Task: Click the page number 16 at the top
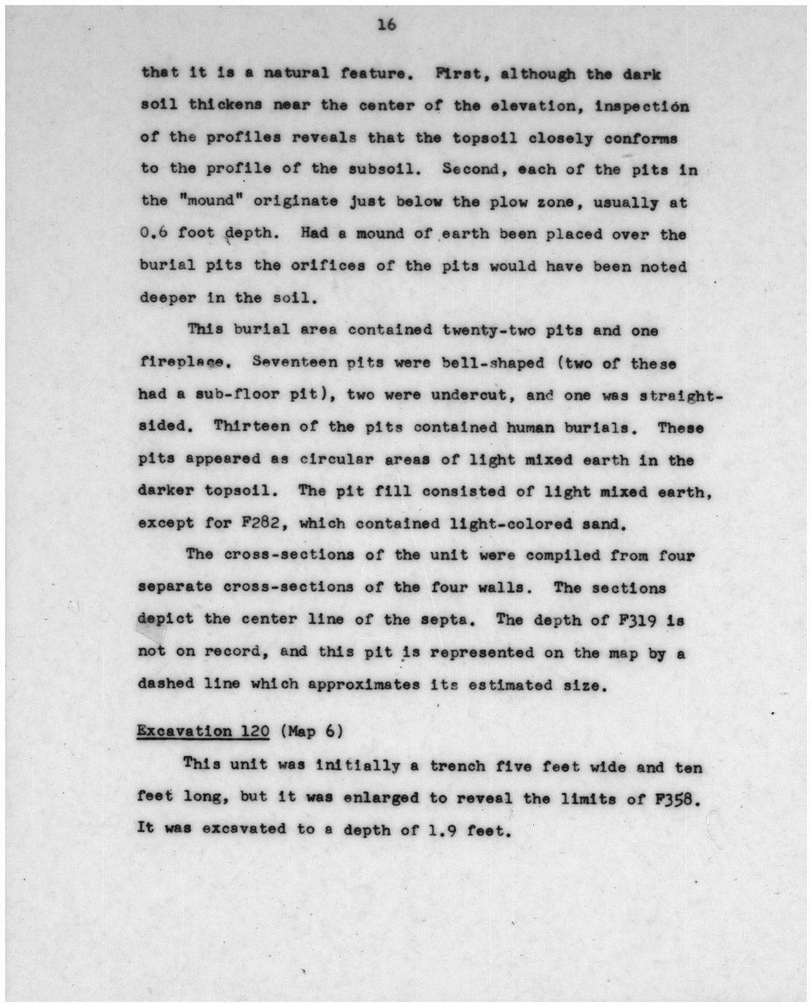pyautogui.click(x=387, y=26)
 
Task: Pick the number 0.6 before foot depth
pyautogui.click(x=152, y=234)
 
